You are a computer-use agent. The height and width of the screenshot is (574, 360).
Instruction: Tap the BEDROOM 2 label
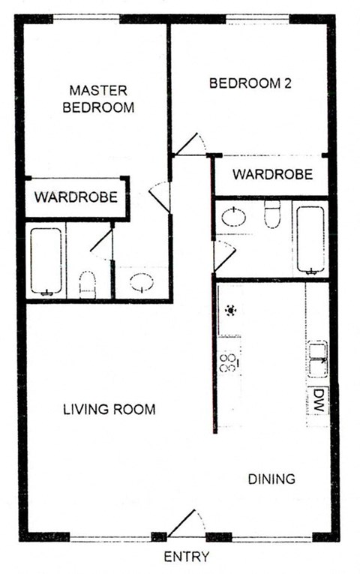point(250,84)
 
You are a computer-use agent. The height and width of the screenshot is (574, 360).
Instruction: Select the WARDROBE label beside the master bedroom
point(76,198)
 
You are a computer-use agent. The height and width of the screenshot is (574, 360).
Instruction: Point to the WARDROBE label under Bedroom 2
point(272,175)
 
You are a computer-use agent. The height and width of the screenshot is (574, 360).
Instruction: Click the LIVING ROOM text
point(109,410)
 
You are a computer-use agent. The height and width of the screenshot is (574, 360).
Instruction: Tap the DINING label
point(271,479)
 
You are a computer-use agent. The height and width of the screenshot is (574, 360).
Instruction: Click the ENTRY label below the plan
point(186,557)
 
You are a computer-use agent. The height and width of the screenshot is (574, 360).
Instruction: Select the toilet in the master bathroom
point(88,283)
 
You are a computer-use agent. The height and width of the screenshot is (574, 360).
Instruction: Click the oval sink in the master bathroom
point(141,282)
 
